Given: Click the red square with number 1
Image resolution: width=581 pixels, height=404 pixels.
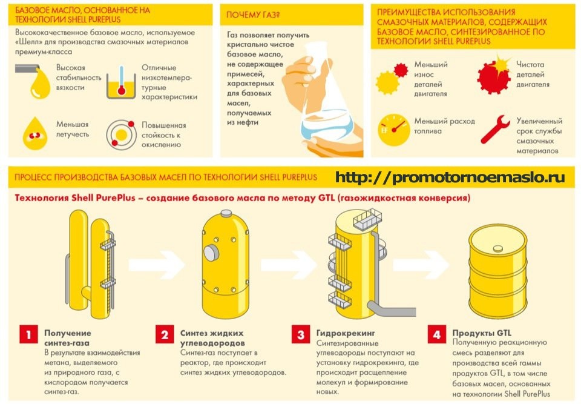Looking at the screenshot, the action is (28, 334).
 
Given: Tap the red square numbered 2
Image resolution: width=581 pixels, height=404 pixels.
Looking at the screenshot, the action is (165, 334).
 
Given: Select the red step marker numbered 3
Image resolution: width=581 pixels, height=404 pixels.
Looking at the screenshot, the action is (301, 334).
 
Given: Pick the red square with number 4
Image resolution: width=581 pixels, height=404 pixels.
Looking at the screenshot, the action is (436, 334).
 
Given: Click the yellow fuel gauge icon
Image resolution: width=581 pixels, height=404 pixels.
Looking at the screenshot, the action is (393, 129).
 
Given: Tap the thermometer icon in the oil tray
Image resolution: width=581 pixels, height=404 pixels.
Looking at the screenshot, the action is (121, 81).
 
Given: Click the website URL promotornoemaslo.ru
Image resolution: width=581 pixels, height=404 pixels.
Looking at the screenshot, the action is (450, 177).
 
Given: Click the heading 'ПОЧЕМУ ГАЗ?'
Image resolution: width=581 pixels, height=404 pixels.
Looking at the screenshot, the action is (253, 15).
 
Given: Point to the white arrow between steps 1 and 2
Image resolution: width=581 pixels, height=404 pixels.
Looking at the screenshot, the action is (156, 264).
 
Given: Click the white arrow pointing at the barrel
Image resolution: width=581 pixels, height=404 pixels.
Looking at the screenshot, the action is (421, 264).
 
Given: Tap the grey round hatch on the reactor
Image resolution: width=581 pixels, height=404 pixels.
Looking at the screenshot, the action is (211, 253).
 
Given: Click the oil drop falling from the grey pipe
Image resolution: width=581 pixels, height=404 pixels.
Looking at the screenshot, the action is (40, 84).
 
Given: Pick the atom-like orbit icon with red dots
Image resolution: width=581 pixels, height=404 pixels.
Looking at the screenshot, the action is (121, 134).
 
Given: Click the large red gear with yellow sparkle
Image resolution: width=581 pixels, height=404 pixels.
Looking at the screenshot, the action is (494, 75).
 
